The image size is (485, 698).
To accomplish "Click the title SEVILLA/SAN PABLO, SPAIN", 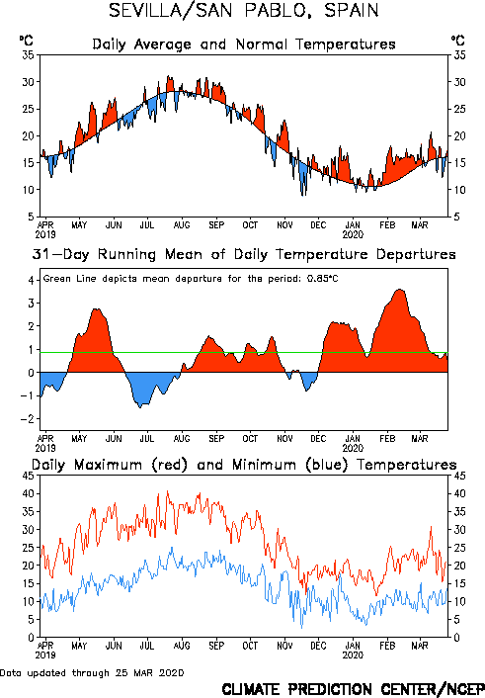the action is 244,11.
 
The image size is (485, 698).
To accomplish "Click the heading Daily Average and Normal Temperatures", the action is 244,44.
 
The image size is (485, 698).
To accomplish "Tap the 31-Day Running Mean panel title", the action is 244,255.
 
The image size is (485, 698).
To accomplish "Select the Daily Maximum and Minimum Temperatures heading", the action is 244,465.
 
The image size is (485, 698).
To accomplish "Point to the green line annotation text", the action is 191,279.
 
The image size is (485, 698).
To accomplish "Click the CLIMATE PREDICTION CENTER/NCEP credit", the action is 354,689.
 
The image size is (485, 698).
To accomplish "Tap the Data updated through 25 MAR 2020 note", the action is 92,672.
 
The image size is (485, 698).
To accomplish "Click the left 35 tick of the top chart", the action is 28,55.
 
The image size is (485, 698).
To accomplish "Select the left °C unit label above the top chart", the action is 26,41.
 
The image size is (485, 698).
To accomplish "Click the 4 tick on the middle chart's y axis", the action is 32,281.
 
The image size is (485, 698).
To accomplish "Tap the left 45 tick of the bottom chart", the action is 28,476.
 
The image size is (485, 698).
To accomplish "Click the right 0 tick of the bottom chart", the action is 456,638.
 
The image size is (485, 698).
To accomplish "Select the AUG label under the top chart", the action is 182,225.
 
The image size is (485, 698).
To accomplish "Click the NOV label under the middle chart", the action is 284,439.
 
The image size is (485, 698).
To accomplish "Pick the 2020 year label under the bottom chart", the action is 353,655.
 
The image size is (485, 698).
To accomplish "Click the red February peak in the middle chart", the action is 400,291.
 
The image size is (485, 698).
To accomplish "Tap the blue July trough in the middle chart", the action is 140,406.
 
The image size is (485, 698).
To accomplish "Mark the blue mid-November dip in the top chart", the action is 303,193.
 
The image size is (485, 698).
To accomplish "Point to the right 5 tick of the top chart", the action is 456,217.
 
